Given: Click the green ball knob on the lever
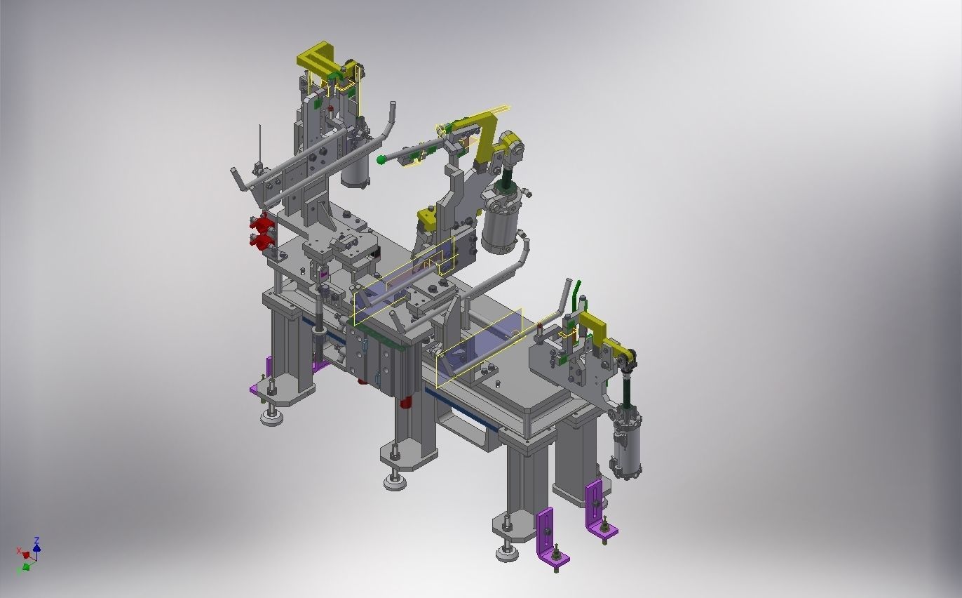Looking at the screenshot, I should point(381,160).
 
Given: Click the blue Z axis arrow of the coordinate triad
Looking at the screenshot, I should point(36,544).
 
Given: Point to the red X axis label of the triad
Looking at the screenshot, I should point(19,551).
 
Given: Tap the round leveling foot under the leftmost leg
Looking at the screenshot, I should point(272,418).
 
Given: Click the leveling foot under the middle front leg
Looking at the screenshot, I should point(395,481).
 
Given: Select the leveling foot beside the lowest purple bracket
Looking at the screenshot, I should point(508,553).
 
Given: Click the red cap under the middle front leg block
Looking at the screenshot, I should point(405,403).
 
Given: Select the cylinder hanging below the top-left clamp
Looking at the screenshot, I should point(356,168).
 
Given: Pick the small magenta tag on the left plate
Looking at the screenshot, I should point(324,274).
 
